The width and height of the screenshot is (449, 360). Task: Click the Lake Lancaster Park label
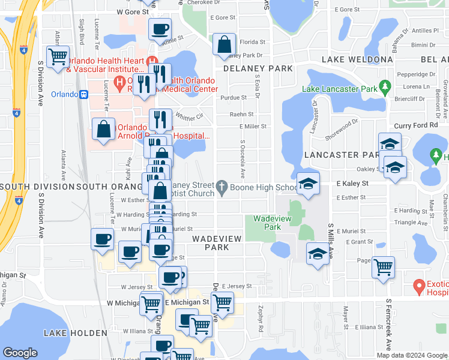(339, 89)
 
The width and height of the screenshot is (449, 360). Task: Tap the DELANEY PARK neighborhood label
(258, 68)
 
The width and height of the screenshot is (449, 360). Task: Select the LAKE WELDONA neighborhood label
(357, 59)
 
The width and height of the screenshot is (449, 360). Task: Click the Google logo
(20, 353)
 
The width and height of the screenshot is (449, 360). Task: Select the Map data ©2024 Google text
(412, 355)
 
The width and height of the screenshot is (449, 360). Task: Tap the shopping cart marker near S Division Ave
(58, 58)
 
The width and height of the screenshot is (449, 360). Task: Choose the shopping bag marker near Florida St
(224, 44)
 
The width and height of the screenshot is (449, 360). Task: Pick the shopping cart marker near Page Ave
(383, 266)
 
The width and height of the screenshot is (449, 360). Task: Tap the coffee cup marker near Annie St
(160, 29)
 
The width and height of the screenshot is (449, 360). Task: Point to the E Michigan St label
(186, 302)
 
